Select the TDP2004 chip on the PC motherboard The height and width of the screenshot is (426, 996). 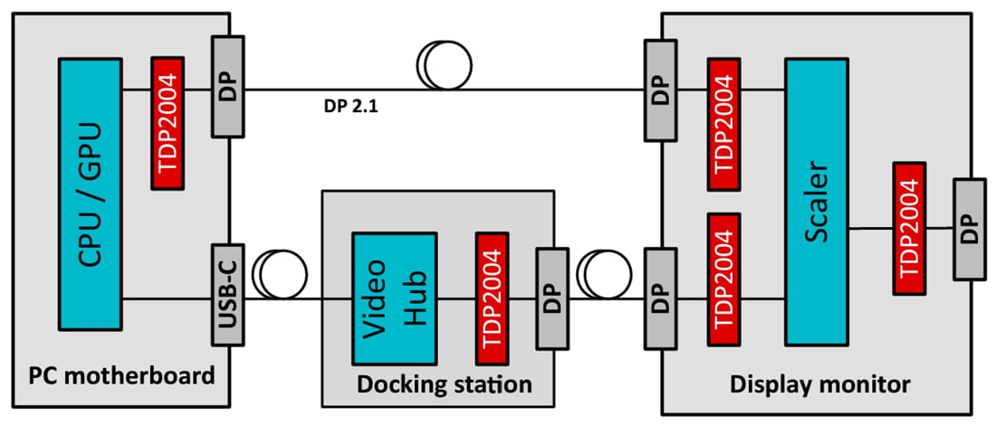[x=168, y=124]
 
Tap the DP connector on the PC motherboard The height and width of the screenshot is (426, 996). [x=227, y=87]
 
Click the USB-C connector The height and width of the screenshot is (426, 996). [x=227, y=294]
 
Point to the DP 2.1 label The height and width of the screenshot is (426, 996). [x=352, y=107]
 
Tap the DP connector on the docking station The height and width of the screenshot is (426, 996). [x=551, y=298]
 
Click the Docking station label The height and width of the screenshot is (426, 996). [x=444, y=383]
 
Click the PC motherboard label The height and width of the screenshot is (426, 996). [x=122, y=374]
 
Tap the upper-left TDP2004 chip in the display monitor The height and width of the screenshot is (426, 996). [x=725, y=124]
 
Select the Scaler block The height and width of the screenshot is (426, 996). [x=817, y=202]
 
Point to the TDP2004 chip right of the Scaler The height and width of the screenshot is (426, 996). [x=908, y=228]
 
